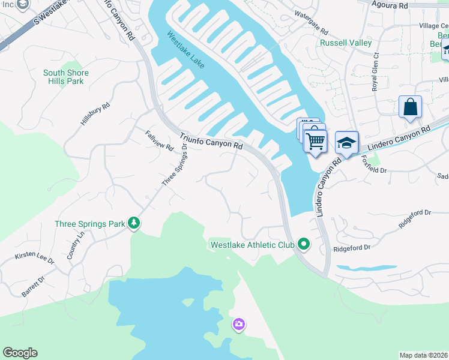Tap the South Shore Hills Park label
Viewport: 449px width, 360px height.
66,77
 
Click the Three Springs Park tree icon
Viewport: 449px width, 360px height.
134,224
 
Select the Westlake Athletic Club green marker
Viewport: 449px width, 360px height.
304,244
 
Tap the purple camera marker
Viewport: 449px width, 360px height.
238,325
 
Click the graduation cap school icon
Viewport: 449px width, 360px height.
346,143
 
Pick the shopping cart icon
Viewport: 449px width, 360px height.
315,142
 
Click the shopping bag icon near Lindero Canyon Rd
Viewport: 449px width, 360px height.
410,107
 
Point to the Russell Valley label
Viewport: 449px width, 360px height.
342,43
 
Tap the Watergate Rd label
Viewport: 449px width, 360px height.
311,22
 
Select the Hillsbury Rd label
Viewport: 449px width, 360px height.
95,114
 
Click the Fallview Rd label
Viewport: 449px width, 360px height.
159,140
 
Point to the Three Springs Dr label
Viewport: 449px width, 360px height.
175,165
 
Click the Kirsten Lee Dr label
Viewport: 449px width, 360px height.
35,259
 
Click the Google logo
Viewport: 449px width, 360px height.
20,353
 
